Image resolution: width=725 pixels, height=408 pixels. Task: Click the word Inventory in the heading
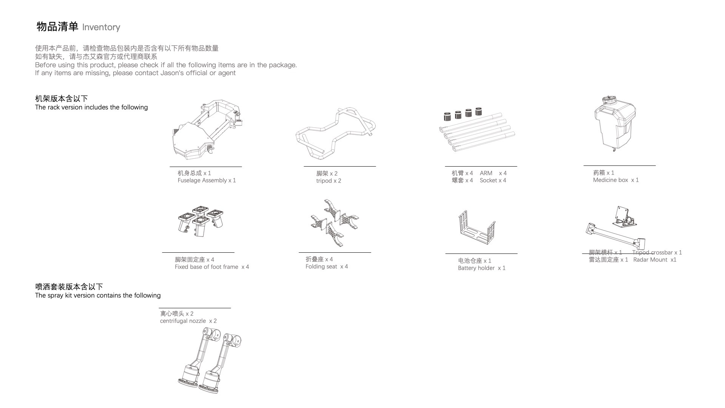pyautogui.click(x=101, y=27)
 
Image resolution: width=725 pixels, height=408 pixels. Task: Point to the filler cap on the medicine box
pyautogui.click(x=609, y=100)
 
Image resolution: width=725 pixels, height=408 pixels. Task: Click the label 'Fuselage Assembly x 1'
pyautogui.click(x=207, y=181)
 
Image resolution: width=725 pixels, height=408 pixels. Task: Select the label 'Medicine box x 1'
pyautogui.click(x=615, y=180)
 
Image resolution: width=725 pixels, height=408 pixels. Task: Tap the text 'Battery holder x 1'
pyautogui.click(x=481, y=268)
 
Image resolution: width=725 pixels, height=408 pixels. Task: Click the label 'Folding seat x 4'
pyautogui.click(x=327, y=267)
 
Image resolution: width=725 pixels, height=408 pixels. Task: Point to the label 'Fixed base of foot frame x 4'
pyautogui.click(x=211, y=267)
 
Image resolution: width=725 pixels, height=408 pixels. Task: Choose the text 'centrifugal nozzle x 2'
pyautogui.click(x=188, y=321)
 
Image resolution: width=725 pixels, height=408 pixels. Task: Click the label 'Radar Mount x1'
pyautogui.click(x=655, y=260)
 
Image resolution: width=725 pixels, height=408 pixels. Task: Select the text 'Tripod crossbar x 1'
pyautogui.click(x=657, y=253)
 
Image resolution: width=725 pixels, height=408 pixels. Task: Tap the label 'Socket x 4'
pyautogui.click(x=493, y=181)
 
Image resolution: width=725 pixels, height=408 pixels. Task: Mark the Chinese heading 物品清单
pyautogui.click(x=57, y=27)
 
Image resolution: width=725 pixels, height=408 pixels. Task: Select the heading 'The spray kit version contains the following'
pyautogui.click(x=98, y=295)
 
